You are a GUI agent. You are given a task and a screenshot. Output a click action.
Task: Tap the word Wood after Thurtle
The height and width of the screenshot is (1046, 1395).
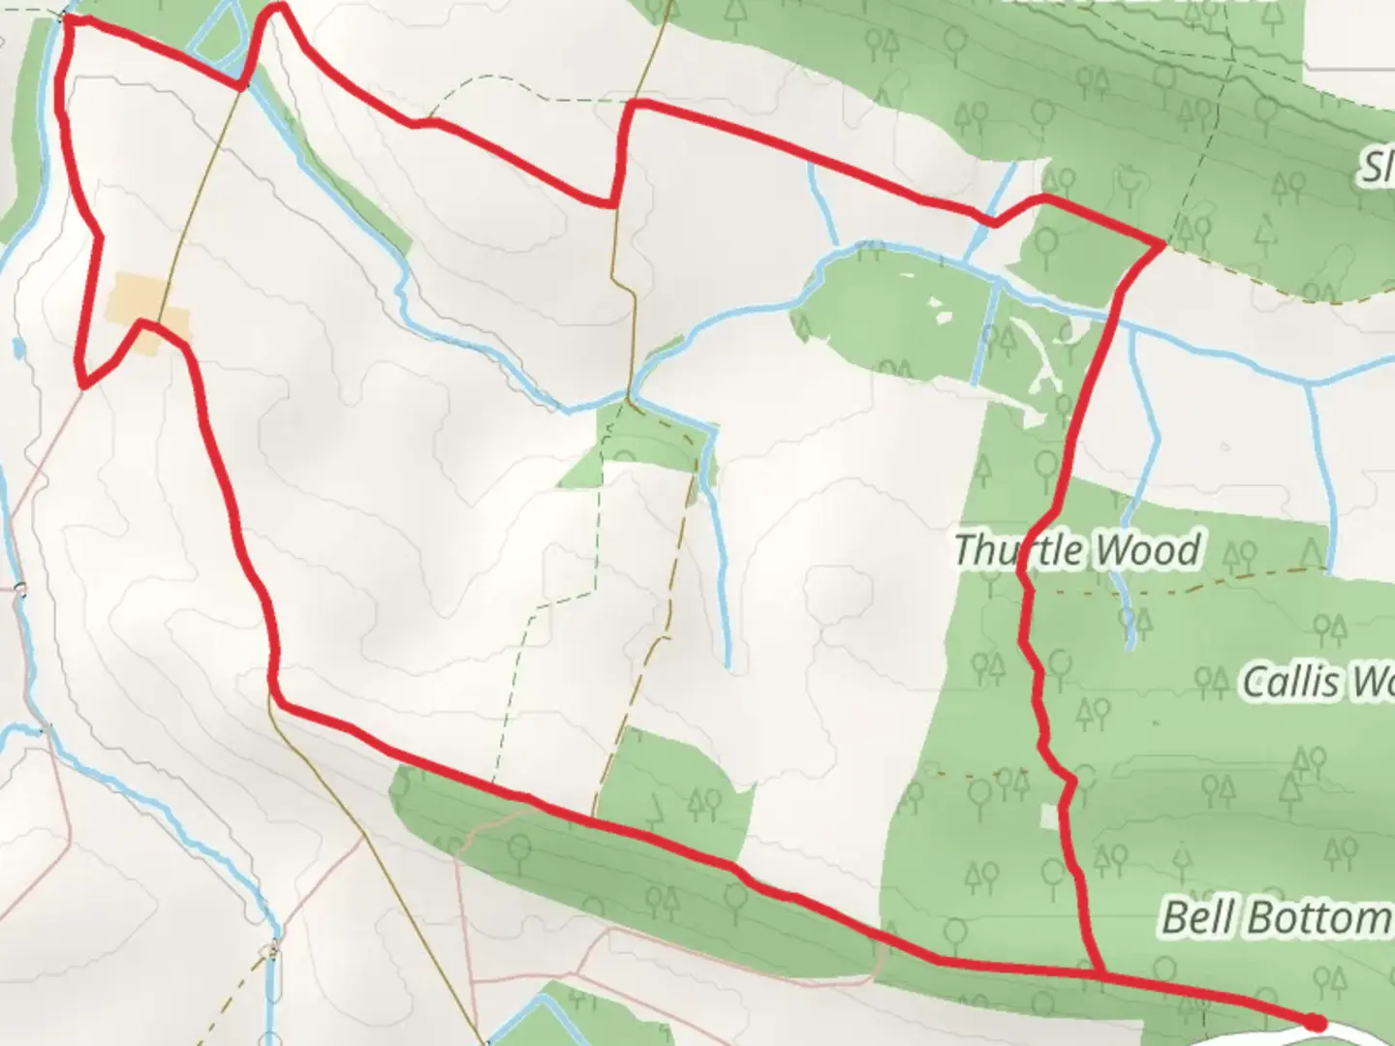[1150, 550]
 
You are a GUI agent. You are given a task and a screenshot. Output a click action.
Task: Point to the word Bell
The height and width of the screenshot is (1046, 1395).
[1201, 915]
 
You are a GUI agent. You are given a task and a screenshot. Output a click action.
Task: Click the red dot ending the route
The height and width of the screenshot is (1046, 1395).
[1315, 1022]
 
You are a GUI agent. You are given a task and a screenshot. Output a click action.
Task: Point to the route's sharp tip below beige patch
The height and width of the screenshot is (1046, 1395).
[84, 385]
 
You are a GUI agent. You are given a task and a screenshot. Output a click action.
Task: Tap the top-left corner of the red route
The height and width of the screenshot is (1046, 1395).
[66, 19]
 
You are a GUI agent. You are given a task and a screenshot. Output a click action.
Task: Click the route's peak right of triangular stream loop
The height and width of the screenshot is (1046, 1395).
[279, 8]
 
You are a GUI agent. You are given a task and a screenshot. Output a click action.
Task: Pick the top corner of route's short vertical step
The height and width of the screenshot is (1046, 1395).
[632, 103]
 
